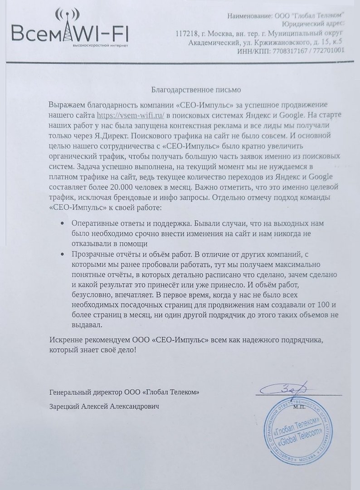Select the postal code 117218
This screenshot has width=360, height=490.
186,34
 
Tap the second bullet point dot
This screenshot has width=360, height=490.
62,255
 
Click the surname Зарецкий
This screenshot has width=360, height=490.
64,407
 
